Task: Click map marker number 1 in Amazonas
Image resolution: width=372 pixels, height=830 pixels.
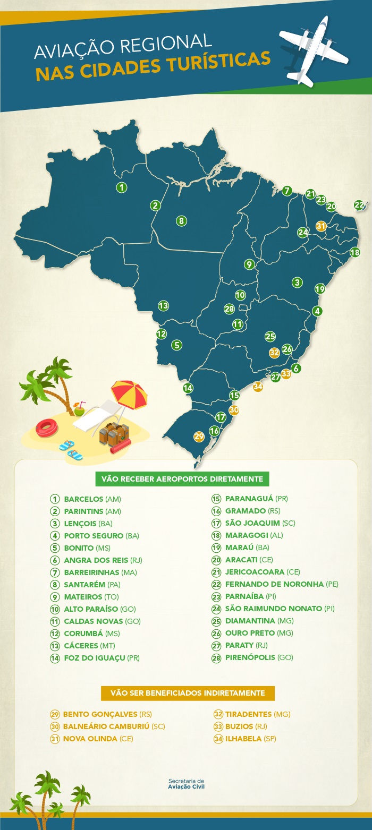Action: (122, 187)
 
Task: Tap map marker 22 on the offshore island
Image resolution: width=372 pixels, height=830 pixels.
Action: (359, 205)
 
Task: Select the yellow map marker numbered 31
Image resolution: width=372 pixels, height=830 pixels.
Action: (320, 226)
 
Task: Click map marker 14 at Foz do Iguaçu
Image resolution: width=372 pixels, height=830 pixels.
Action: (188, 388)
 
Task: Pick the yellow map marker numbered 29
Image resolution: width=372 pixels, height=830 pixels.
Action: (199, 437)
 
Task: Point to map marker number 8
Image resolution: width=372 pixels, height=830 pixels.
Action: (181, 221)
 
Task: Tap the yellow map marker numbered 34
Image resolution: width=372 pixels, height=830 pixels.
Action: (258, 387)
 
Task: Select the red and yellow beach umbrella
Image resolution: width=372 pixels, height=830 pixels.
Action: (129, 392)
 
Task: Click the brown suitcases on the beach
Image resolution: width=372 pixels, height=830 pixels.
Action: (114, 434)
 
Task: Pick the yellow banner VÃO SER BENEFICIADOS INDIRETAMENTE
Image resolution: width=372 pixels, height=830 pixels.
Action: (188, 693)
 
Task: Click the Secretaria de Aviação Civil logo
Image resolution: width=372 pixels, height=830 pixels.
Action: (186, 784)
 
